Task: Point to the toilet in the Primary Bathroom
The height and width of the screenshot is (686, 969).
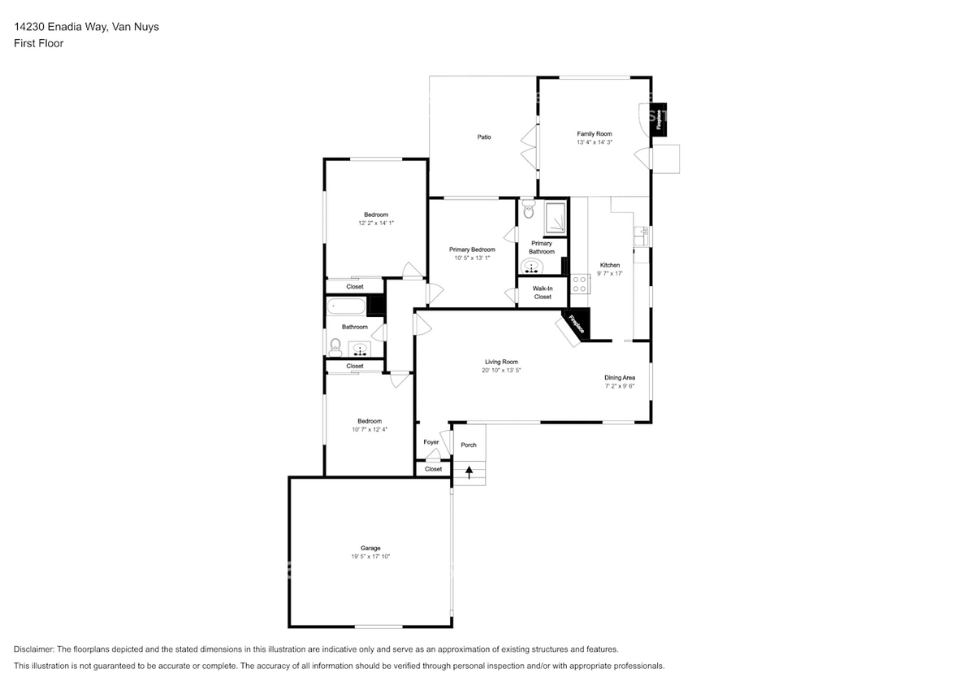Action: (x=529, y=211)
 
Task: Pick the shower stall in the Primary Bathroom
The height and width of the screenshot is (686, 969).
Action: (x=556, y=218)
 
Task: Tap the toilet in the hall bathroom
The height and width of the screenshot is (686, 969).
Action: (x=334, y=346)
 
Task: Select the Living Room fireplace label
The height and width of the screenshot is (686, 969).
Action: (x=577, y=324)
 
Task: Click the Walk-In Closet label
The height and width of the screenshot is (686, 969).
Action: (x=543, y=293)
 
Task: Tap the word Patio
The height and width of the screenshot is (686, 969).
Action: (x=483, y=137)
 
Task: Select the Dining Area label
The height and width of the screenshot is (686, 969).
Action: (x=620, y=377)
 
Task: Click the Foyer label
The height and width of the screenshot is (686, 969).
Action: (x=430, y=442)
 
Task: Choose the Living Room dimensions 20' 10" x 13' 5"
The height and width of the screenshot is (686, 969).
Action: (x=501, y=370)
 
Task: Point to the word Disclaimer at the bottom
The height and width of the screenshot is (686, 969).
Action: (x=32, y=649)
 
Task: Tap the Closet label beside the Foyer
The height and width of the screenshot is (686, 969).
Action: (x=434, y=469)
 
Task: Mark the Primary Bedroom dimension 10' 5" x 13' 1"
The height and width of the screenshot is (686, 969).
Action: (x=472, y=258)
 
